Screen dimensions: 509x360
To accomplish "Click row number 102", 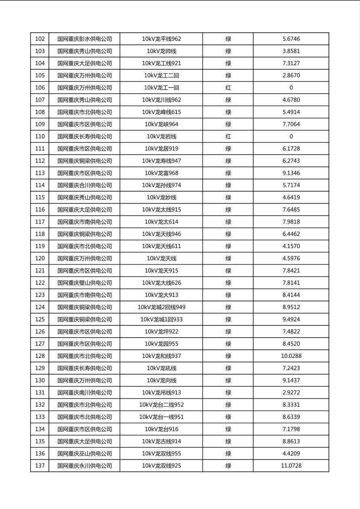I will (40, 39).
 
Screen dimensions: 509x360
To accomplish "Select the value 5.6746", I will (291, 39).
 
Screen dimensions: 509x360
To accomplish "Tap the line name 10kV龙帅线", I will (161, 51).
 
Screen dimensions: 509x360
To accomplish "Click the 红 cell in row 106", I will (228, 88).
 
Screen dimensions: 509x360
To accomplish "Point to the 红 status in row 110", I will (228, 136).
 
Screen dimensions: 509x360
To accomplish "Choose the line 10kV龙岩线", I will (161, 136).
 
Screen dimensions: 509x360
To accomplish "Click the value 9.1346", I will (291, 173).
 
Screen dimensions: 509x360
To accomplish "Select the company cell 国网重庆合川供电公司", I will (84, 185).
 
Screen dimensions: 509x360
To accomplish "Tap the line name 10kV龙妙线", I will (161, 197).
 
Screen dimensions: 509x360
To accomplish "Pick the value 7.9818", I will (291, 222).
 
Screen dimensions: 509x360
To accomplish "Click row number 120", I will (40, 259).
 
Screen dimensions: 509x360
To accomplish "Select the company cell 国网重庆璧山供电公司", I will (84, 283).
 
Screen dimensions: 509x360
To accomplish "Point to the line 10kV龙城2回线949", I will (161, 307).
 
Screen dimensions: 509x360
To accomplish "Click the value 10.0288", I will (291, 356).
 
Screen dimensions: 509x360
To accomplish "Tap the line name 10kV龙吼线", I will (161, 368).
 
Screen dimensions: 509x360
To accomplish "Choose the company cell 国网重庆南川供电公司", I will (84, 392).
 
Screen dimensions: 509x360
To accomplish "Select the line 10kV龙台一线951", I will (161, 417).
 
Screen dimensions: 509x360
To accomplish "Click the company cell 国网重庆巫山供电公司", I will (84, 453).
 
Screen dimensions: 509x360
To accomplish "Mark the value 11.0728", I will (291, 466).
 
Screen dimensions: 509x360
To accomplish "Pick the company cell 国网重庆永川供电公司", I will (84, 466).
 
